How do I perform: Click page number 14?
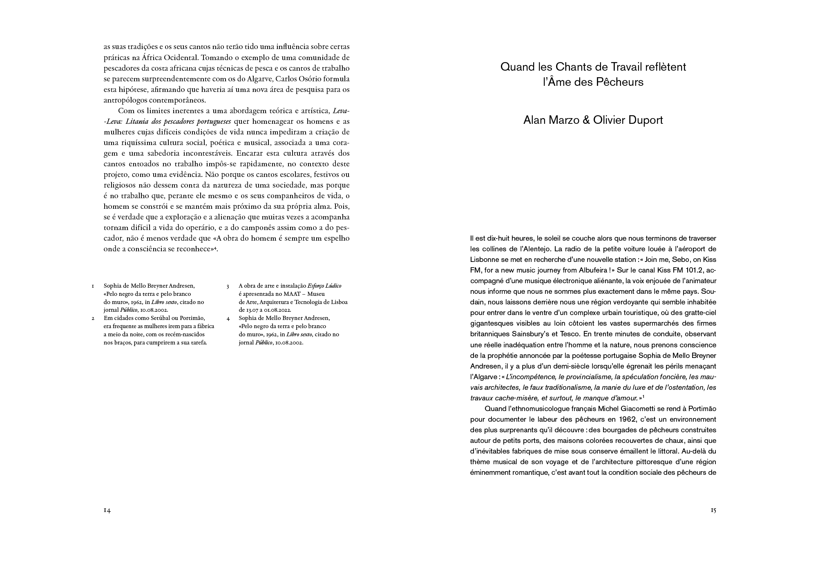107,510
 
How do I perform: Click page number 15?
713,510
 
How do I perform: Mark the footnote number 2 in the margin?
93,318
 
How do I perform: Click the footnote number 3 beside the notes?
228,286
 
